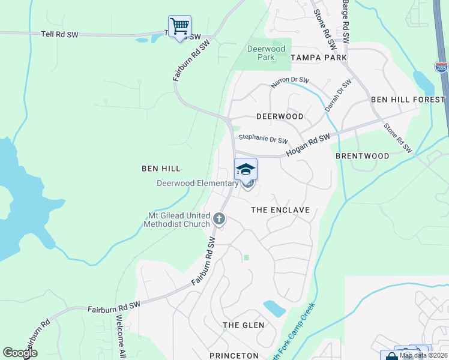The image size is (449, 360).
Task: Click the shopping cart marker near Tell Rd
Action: [179, 27]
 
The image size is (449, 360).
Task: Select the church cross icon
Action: [219, 219]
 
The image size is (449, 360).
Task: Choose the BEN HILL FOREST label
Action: [408, 99]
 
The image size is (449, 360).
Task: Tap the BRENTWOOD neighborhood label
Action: [362, 155]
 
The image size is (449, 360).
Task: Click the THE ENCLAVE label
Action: [280, 210]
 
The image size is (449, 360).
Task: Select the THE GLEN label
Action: [240, 325]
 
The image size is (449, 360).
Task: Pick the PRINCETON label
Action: [234, 356]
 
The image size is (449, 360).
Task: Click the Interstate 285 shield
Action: [441, 67]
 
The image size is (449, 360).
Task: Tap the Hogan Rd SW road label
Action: [308, 146]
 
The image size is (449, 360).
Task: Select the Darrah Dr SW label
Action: [337, 95]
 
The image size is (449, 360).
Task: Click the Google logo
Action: [20, 352]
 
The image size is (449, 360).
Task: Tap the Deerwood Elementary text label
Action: [197, 183]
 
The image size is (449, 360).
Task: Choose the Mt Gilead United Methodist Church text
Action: [176, 220]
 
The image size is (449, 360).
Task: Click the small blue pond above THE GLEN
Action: [274, 308]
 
